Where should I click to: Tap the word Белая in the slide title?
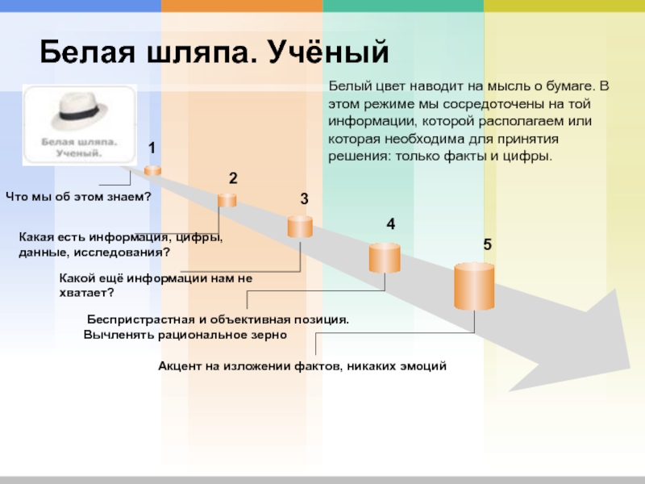(x=83, y=53)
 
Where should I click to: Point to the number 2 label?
(x=232, y=178)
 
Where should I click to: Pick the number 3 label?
(x=304, y=198)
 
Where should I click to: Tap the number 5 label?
(x=487, y=244)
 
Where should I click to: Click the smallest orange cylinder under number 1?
(x=152, y=169)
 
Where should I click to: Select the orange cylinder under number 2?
(x=227, y=199)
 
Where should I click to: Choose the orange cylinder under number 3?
(x=300, y=226)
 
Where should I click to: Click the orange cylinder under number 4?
(x=385, y=257)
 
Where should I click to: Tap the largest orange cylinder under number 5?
(x=473, y=286)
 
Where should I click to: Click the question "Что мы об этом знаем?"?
(x=79, y=196)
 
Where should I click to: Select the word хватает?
(x=86, y=292)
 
